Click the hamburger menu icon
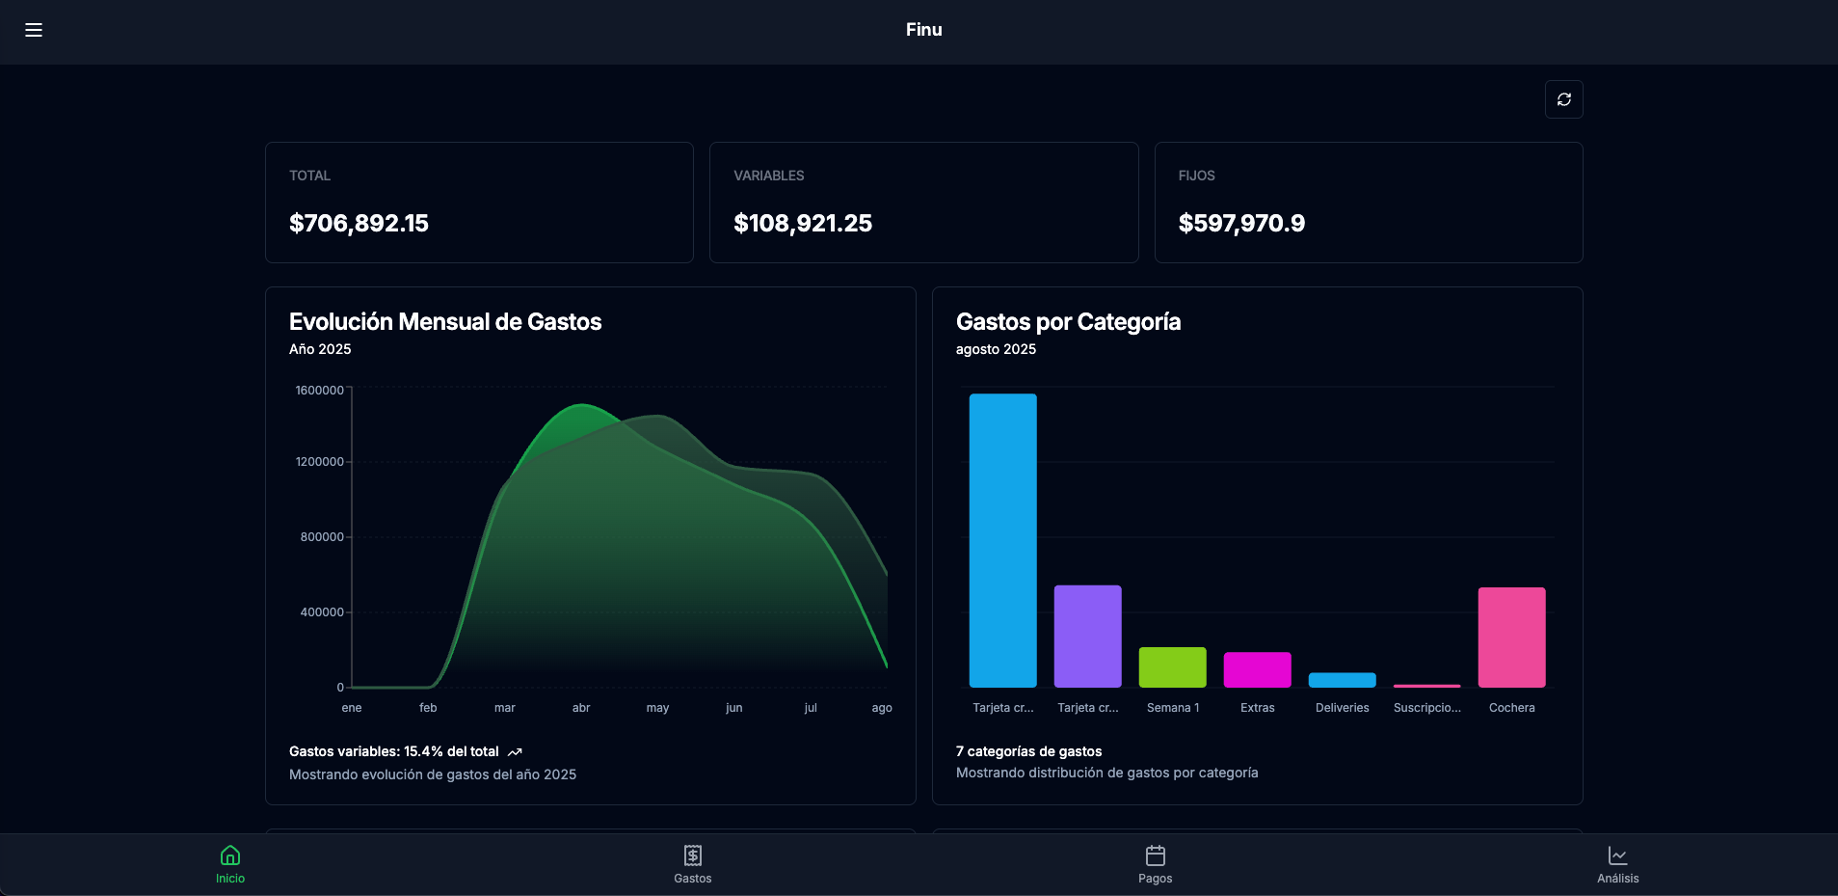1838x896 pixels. coord(34,30)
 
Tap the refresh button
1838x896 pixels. coord(1563,99)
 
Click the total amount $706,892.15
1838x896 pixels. coord(359,224)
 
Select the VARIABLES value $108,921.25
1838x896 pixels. coord(802,224)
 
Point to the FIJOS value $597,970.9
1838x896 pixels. coord(1241,224)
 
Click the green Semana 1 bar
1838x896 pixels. coord(1172,667)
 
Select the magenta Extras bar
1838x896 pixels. coord(1257,669)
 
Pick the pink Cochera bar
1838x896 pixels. coord(1511,637)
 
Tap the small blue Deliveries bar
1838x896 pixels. coord(1342,680)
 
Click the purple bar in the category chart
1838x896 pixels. coord(1087,636)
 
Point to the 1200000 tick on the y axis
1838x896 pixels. coord(319,462)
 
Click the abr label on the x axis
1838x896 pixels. coord(581,708)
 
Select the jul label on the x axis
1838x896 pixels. coord(811,708)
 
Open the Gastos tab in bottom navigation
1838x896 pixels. coord(693,864)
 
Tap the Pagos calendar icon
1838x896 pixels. coord(1155,855)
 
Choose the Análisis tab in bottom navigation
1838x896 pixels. coord(1617,864)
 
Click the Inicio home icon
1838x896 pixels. coord(230,855)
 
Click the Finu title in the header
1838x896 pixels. coord(923,30)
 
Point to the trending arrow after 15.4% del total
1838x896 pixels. coord(515,752)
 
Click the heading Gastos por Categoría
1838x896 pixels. coord(1068,322)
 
